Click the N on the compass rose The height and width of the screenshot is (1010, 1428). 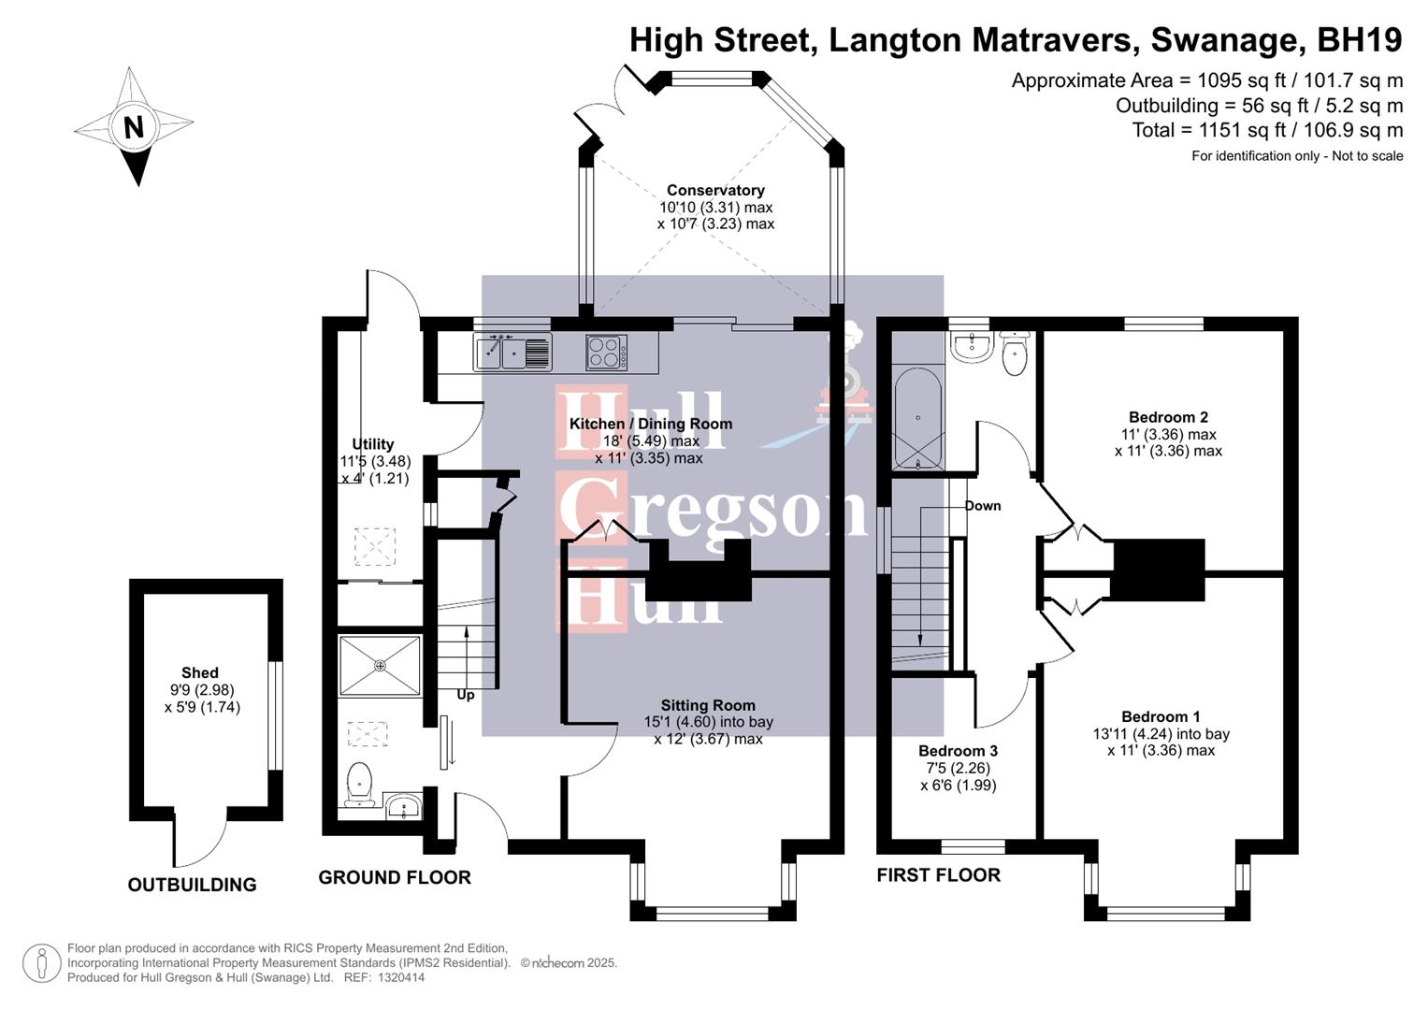(134, 126)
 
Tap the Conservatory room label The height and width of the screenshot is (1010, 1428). (715, 191)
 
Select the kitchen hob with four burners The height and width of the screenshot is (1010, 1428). (606, 353)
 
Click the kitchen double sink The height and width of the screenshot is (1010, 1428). (512, 353)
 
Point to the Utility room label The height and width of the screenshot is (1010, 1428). (373, 444)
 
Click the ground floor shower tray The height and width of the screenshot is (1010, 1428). (380, 666)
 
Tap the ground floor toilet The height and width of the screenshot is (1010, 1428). (359, 784)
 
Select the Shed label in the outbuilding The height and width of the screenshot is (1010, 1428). (200, 672)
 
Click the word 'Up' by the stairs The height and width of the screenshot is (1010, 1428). (466, 695)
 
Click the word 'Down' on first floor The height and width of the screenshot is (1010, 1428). (983, 506)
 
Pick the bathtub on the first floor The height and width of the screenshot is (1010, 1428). (918, 418)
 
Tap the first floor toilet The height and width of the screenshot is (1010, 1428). (1015, 353)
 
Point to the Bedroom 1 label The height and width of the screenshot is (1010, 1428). (1161, 717)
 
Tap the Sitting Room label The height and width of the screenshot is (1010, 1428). (708, 706)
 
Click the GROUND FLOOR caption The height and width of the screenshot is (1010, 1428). (395, 877)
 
